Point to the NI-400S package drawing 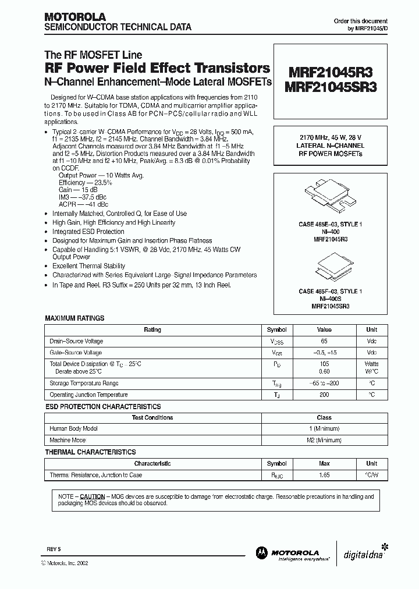329,268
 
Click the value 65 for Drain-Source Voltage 324,341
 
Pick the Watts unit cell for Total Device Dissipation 371,364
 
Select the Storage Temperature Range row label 84,384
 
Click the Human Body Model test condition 74,428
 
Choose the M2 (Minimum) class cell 324,440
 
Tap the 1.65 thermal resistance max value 324,476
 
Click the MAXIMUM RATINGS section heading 74,318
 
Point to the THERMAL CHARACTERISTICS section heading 90,452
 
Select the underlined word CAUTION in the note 92,496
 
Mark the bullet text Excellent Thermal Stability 90,265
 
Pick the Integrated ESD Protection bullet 88,232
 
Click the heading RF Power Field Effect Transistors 157,68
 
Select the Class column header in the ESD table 324,417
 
